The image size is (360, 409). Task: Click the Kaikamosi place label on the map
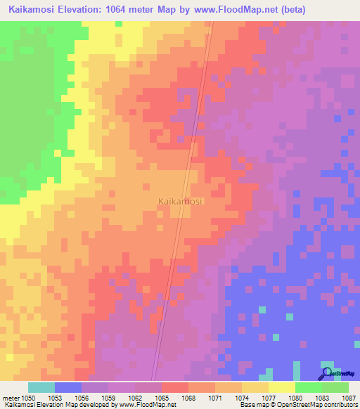point(180,201)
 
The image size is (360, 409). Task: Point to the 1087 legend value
point(349,398)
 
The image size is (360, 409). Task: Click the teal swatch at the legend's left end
point(41,387)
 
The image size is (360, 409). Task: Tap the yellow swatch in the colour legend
point(281,387)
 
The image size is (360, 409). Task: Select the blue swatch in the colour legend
point(67,387)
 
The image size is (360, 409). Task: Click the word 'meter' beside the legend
point(10,398)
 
